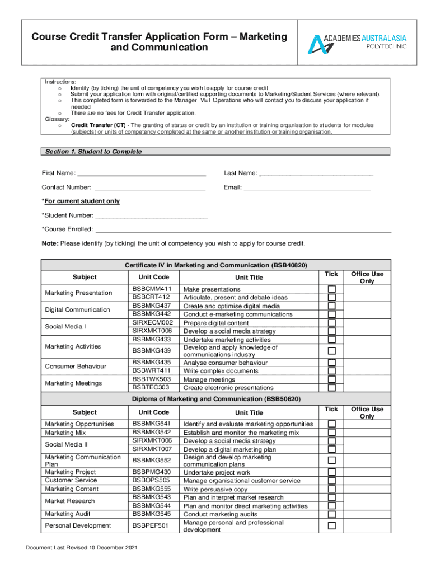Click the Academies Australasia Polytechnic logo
click(359, 43)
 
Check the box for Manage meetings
click(332, 379)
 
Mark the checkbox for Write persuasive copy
click(332, 489)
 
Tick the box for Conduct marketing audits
click(332, 514)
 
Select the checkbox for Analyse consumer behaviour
click(332, 363)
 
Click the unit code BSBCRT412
click(151, 297)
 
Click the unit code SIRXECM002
click(153, 322)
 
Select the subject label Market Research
click(70, 501)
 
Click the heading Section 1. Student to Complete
click(93, 152)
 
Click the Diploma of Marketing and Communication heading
click(216, 399)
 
